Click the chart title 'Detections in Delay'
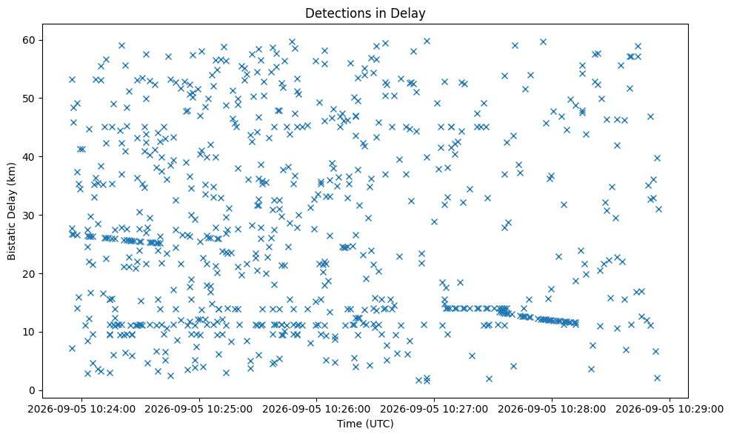(x=365, y=13)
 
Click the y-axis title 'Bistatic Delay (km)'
(x=11, y=211)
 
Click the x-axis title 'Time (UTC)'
(x=365, y=424)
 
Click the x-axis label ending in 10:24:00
(x=81, y=409)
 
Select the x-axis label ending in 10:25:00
(x=199, y=409)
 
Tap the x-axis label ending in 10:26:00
(x=317, y=409)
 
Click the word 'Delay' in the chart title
(x=410, y=13)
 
